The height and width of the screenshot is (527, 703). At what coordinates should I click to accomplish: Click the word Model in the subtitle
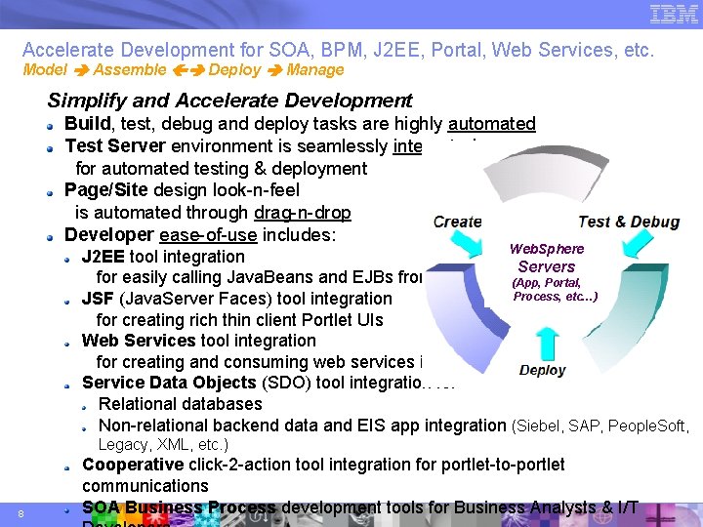44,70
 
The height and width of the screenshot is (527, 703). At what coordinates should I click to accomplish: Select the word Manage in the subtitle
315,70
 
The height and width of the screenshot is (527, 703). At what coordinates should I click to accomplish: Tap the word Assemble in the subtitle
130,70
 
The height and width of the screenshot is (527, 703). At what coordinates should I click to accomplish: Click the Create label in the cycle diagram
457,222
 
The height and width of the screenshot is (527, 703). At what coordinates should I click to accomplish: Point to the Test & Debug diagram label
629,222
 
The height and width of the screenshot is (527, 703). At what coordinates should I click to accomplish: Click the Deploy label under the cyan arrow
542,371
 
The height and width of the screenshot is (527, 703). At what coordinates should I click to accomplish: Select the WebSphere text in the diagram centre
546,249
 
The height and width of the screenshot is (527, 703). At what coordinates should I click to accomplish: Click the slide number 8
21,514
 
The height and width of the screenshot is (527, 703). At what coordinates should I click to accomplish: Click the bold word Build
89,124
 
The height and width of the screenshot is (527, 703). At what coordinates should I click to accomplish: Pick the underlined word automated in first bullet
492,124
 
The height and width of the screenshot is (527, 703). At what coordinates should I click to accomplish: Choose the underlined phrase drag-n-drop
302,213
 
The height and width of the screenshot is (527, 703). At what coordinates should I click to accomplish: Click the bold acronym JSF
98,299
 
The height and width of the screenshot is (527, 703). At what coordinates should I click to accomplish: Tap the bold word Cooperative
133,466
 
